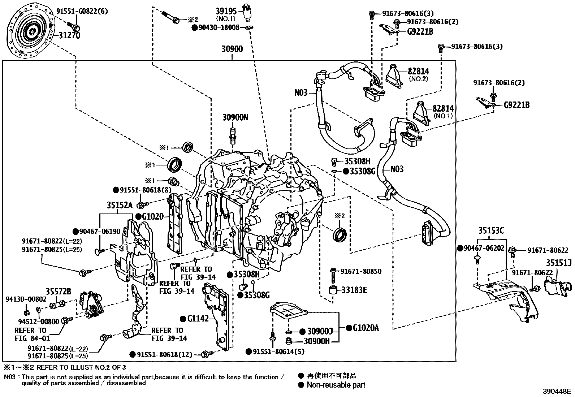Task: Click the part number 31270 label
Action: point(69,35)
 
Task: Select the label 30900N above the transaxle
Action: point(235,117)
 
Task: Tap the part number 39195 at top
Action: point(226,11)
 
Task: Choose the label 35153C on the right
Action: point(492,230)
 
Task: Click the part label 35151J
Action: point(559,263)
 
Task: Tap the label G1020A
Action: point(366,328)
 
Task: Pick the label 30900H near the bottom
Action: point(316,341)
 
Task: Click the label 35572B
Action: point(58,291)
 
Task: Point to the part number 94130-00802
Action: point(26,299)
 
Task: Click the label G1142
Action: point(198,319)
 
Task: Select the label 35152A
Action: point(120,205)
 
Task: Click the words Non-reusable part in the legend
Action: point(336,385)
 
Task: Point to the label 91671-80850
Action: point(360,271)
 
